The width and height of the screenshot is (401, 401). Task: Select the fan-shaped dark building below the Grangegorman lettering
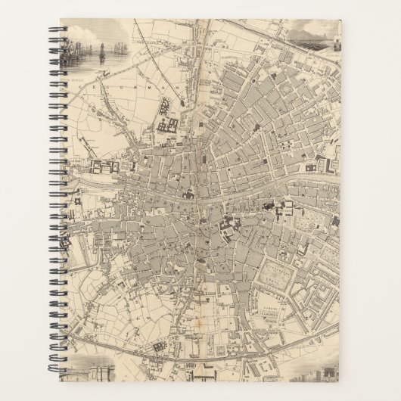[168, 126]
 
